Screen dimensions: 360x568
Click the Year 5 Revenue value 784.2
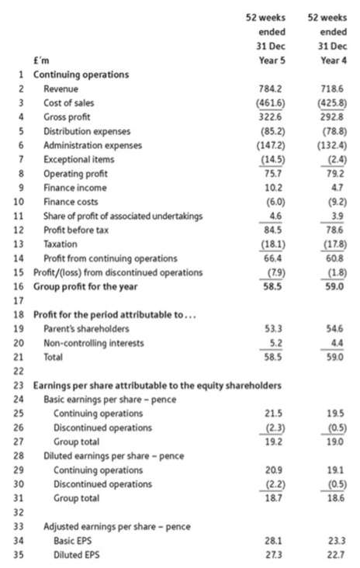click(x=271, y=88)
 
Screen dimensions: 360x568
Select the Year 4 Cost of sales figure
click(x=332, y=103)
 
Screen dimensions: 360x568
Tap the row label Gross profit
click(x=67, y=117)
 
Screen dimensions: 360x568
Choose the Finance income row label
click(x=75, y=188)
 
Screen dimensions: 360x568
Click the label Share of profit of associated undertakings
click(x=123, y=216)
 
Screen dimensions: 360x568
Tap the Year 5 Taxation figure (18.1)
click(x=273, y=244)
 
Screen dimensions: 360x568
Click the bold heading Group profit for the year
click(x=85, y=286)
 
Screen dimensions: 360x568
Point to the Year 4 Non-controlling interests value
click(x=337, y=343)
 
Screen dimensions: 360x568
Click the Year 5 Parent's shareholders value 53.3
click(x=273, y=328)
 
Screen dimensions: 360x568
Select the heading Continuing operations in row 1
click(x=81, y=74)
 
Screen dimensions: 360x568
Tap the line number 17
click(x=19, y=300)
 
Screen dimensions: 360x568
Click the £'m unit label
click(x=41, y=61)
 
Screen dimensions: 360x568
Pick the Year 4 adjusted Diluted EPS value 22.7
click(x=337, y=555)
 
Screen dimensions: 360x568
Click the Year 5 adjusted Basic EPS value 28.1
click(x=273, y=541)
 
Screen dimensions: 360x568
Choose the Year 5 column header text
click(x=272, y=61)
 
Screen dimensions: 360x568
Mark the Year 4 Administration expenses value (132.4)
click(x=332, y=145)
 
